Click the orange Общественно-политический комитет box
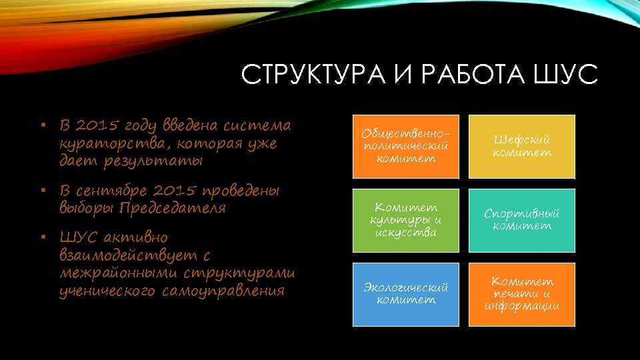[x=406, y=147]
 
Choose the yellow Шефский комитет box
[x=521, y=147]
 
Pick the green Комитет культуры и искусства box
[x=406, y=221]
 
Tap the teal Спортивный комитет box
[x=521, y=221]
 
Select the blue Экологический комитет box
[x=406, y=294]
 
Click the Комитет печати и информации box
[x=521, y=294]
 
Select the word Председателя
[x=173, y=208]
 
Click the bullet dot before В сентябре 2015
[x=41, y=191]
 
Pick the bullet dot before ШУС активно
[x=41, y=238]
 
